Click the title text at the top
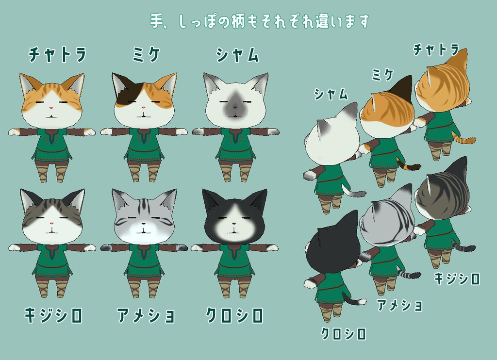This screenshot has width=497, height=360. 259,21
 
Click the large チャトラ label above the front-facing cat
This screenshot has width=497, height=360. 57,54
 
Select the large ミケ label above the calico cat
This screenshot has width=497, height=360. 146,54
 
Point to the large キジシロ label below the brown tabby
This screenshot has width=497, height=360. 53,316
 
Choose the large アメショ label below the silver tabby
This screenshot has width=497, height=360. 146,316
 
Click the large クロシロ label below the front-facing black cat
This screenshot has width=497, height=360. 234,316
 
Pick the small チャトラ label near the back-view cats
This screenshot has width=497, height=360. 435,49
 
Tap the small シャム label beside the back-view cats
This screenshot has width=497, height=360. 331,94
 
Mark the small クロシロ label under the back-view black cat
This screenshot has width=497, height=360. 343,333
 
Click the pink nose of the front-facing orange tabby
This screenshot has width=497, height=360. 51,107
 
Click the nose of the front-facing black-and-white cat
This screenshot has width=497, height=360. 233,224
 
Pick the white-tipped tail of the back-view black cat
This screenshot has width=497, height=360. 356,299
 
